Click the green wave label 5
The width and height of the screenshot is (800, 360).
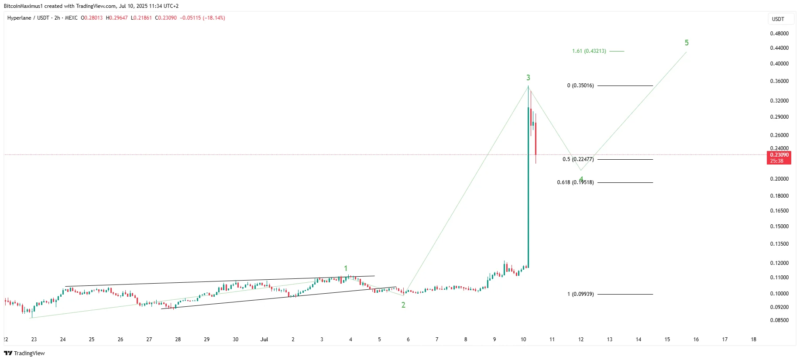pyautogui.click(x=687, y=43)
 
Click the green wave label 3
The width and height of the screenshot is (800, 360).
pyautogui.click(x=528, y=78)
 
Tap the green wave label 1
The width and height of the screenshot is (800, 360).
pyautogui.click(x=346, y=268)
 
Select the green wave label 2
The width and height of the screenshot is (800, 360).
pyautogui.click(x=403, y=305)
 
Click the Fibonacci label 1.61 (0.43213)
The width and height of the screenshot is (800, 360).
pyautogui.click(x=589, y=51)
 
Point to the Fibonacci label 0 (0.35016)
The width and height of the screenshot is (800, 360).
pyautogui.click(x=580, y=86)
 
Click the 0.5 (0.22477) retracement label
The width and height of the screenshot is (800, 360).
pyautogui.click(x=578, y=159)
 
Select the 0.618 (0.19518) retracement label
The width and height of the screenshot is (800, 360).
pyautogui.click(x=575, y=182)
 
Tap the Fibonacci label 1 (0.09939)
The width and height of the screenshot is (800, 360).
pyautogui.click(x=580, y=294)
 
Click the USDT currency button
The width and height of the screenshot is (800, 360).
pyautogui.click(x=778, y=19)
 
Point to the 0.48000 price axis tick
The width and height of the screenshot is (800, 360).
pyautogui.click(x=779, y=34)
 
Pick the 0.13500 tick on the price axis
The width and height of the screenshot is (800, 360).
pyautogui.click(x=779, y=244)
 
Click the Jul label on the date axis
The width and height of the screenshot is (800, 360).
pyautogui.click(x=264, y=339)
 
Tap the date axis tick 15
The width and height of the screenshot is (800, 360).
pyautogui.click(x=667, y=339)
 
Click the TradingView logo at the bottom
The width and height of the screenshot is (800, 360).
pyautogui.click(x=24, y=353)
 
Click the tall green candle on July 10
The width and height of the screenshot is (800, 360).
pyautogui.click(x=528, y=188)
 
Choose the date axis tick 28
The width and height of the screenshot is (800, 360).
pyautogui.click(x=178, y=339)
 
